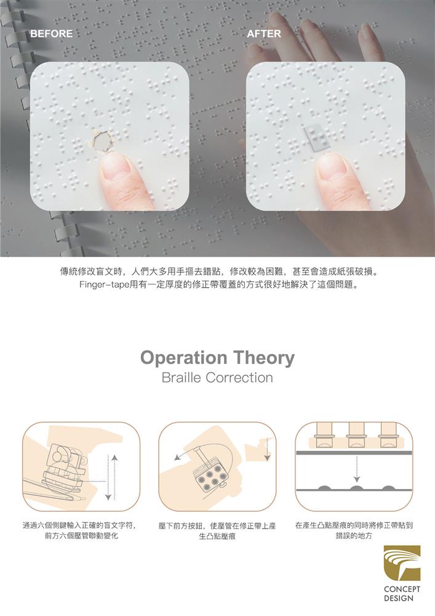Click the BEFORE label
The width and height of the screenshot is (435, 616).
pyautogui.click(x=51, y=33)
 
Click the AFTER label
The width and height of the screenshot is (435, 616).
pyautogui.click(x=263, y=33)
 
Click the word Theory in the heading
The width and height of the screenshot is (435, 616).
pyautogui.click(x=264, y=358)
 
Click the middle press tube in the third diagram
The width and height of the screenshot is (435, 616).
pyautogui.click(x=356, y=434)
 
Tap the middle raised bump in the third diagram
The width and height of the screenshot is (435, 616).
pyautogui.click(x=356, y=488)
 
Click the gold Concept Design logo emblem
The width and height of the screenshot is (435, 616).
pyautogui.click(x=402, y=563)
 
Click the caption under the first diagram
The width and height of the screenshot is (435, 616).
pyautogui.click(x=81, y=531)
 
